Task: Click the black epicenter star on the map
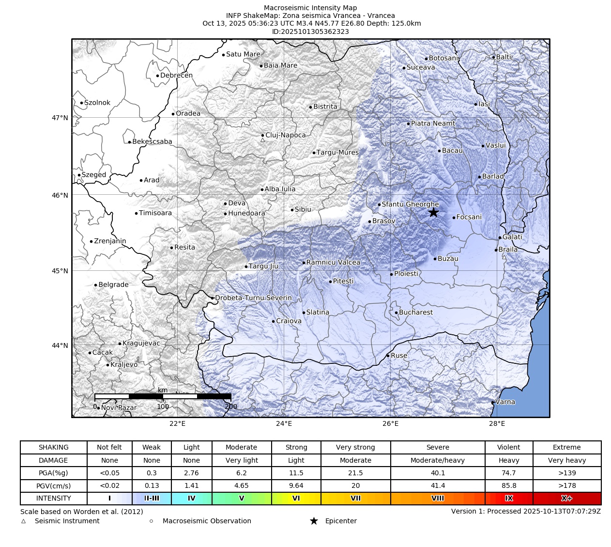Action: click(x=433, y=212)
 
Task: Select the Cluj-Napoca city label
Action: click(x=286, y=135)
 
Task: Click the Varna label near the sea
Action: click(x=505, y=402)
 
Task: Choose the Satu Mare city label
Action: click(x=243, y=54)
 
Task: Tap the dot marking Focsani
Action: click(x=454, y=218)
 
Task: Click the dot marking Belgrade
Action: click(x=96, y=285)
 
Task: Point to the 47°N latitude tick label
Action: click(x=60, y=118)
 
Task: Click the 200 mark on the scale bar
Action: click(x=231, y=407)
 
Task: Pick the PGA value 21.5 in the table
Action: click(x=355, y=473)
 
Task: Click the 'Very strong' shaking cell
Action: click(x=355, y=447)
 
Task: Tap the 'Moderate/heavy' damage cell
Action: click(x=437, y=460)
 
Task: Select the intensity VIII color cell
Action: click(x=437, y=498)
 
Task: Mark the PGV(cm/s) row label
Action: click(x=53, y=485)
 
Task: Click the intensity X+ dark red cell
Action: click(x=566, y=498)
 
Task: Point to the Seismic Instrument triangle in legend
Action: click(x=23, y=521)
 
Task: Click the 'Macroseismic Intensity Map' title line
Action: click(x=310, y=8)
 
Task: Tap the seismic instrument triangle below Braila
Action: click(x=504, y=257)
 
